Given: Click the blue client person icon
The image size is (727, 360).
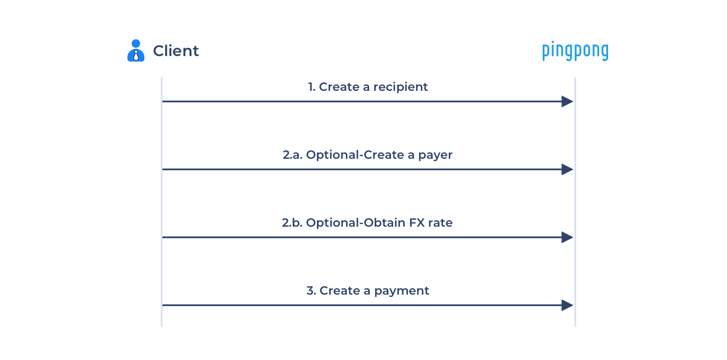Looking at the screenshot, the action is (x=136, y=51).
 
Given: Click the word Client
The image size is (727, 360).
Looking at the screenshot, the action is (x=176, y=51).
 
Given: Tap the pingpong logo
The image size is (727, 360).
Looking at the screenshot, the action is (x=575, y=51).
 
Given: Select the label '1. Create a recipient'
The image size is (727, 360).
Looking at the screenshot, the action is (x=368, y=87).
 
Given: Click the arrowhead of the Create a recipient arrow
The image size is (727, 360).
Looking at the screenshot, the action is (x=567, y=101).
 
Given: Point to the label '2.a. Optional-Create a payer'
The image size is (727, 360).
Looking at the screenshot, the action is (x=367, y=155).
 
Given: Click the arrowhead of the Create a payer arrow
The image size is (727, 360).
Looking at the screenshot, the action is (x=567, y=169).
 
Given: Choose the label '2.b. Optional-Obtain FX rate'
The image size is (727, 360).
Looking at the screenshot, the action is (x=367, y=223).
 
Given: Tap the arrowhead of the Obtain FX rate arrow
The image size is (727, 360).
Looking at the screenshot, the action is (x=567, y=237).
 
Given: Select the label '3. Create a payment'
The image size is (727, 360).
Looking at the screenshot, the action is (x=368, y=291).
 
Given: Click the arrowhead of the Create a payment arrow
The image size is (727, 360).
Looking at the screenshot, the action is (x=567, y=305).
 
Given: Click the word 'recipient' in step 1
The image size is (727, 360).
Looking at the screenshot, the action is (x=400, y=87).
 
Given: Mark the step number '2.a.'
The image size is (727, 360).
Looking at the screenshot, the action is (x=293, y=155).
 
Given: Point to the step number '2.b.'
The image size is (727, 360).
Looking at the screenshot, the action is (x=292, y=223).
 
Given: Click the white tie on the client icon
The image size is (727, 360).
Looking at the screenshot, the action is (x=136, y=56).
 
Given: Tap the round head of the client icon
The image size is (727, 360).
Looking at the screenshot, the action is (x=136, y=43).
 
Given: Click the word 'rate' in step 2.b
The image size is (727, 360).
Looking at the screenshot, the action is (x=440, y=223).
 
